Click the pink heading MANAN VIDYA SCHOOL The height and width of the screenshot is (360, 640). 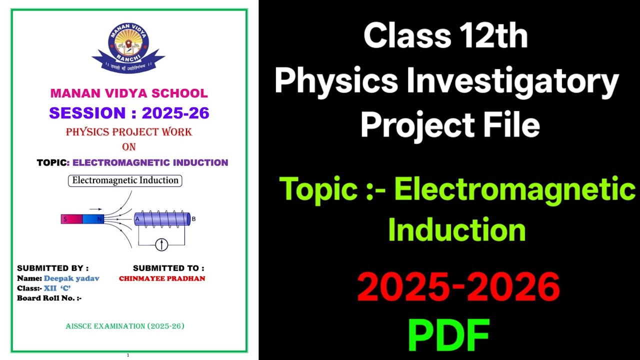coord(129,93)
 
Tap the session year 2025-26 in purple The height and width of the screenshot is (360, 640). coord(175,113)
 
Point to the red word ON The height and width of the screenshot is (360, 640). coord(129,147)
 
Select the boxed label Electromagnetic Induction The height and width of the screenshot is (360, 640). coord(125,180)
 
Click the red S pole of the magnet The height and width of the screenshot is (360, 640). coord(71,219)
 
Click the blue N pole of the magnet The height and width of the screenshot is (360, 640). coord(93,219)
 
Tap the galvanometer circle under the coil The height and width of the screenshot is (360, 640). coord(161,244)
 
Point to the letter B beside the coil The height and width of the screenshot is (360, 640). coord(194,219)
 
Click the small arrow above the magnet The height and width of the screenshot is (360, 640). coord(95,209)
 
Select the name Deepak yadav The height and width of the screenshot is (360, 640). coord(71,278)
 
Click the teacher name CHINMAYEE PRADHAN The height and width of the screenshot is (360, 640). coord(162,278)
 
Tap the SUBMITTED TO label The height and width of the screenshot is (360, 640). coord(168,268)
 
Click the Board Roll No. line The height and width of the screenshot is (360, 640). coord(49,298)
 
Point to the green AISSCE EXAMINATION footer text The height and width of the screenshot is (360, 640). coord(125,326)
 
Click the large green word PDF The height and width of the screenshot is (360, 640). coord(448,335)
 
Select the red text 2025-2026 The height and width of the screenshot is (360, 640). coord(458,287)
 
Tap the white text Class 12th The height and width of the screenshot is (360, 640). coord(445,36)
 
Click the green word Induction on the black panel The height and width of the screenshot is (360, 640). coord(456,230)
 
